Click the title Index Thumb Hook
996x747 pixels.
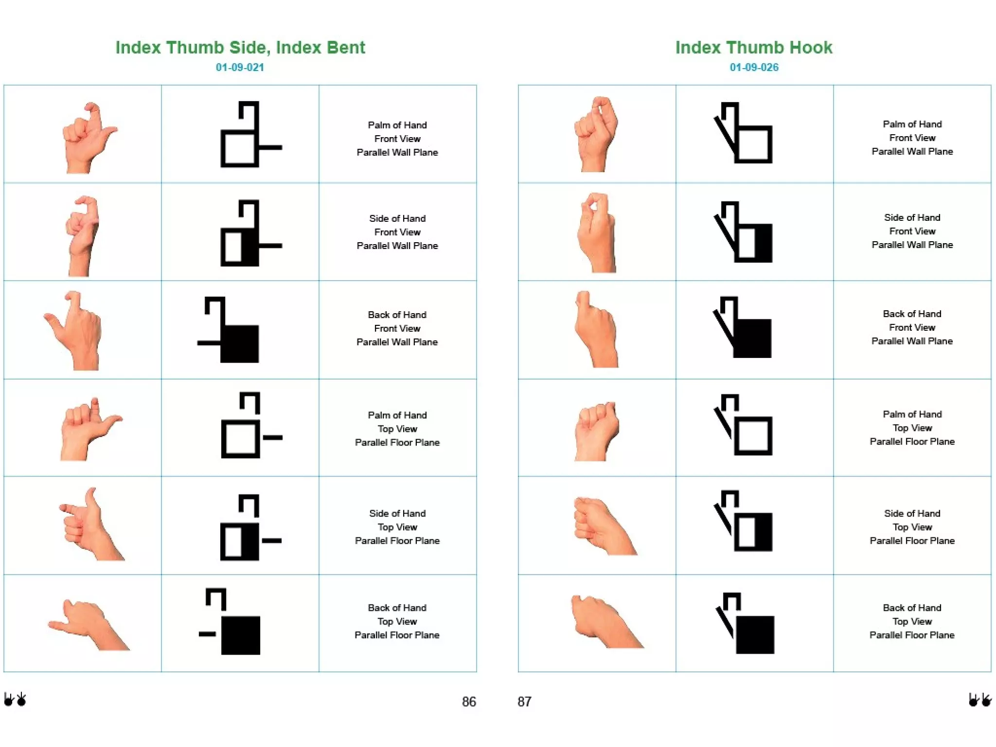(753, 47)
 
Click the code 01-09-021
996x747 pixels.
(240, 67)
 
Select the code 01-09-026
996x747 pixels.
(754, 67)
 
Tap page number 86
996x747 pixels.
(469, 701)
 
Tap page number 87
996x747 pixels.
(524, 701)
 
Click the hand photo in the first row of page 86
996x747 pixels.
(88, 138)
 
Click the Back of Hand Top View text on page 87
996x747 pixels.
(912, 621)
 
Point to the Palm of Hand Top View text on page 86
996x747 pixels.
(397, 428)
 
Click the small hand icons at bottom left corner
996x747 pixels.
(15, 699)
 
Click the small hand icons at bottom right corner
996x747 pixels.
(979, 699)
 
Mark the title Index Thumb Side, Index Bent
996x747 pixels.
(240, 47)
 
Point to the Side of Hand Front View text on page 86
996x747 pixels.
(397, 232)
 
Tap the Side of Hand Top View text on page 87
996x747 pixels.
(912, 527)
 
